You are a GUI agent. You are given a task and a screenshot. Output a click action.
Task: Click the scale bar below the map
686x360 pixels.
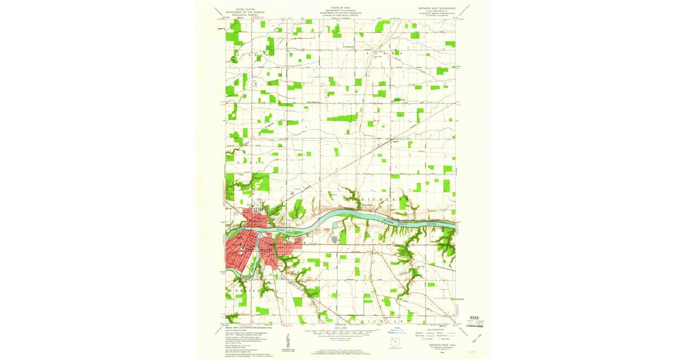click(x=342, y=331)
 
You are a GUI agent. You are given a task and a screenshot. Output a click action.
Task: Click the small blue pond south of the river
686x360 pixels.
click(x=334, y=233)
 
